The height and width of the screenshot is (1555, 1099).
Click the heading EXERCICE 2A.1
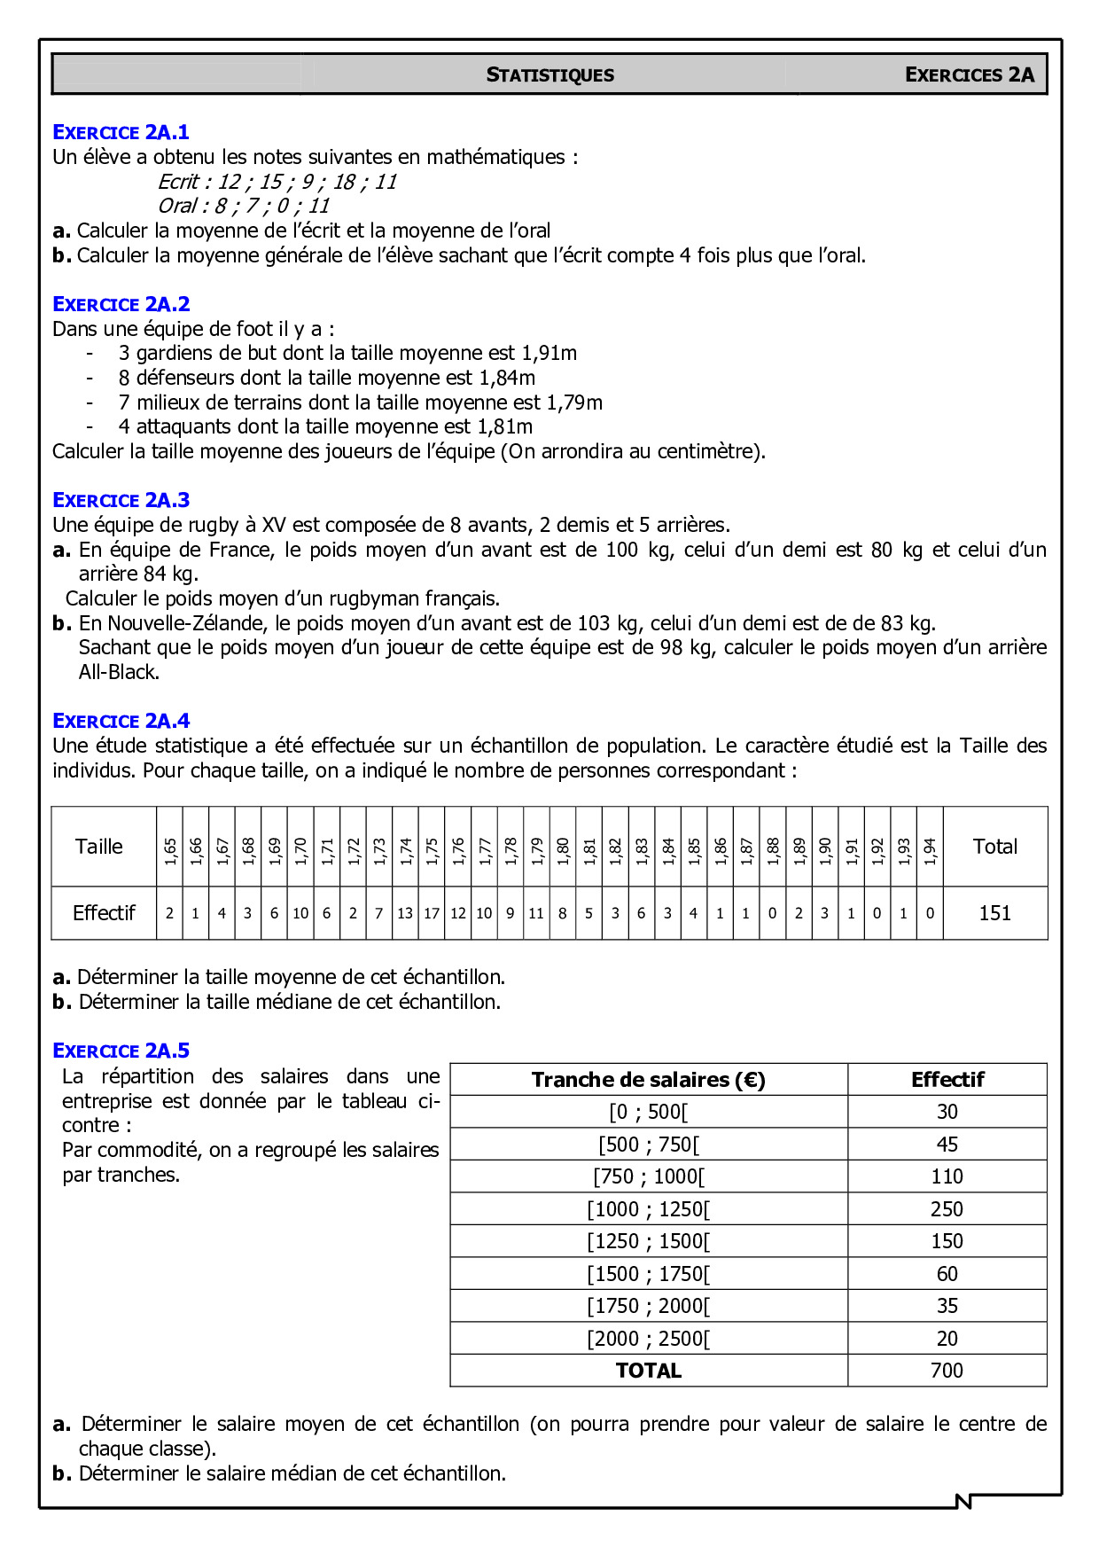pos(121,133)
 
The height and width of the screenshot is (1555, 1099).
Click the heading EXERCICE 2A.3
pos(121,501)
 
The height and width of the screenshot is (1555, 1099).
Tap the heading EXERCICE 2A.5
pos(121,1051)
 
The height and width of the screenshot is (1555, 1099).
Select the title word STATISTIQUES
pos(549,75)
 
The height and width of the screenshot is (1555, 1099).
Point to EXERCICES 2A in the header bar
pos(969,75)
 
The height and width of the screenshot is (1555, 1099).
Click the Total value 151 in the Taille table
pos(994,913)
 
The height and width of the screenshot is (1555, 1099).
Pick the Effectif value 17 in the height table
pos(432,913)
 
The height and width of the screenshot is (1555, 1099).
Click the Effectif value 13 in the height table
pos(405,913)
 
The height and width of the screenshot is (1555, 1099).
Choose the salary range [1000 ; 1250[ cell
pos(649,1209)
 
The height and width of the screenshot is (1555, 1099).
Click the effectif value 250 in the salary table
pos(947,1209)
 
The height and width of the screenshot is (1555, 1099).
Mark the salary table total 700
pos(947,1371)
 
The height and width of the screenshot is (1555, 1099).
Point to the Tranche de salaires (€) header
pos(649,1080)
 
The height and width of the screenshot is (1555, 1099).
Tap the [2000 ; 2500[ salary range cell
pos(649,1339)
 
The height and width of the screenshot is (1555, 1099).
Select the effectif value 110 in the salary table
pos(947,1177)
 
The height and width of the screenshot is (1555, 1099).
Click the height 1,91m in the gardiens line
pos(549,354)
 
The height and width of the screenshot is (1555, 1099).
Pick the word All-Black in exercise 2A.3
pos(119,673)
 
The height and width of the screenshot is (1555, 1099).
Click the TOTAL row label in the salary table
pos(649,1371)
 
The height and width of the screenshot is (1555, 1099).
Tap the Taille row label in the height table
pos(99,847)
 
